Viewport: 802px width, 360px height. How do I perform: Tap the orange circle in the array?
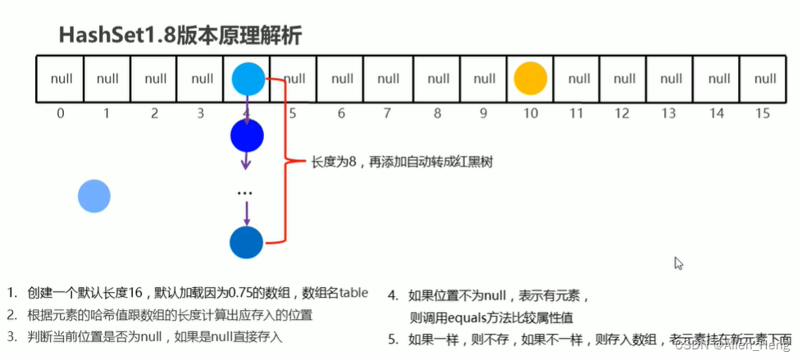tap(530, 79)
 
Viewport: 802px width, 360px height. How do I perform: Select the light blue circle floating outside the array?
tap(94, 196)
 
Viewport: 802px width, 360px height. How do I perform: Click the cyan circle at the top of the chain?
tap(248, 79)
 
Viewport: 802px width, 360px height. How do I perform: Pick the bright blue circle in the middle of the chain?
tap(247, 136)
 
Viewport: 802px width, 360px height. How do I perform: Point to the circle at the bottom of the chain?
tap(246, 243)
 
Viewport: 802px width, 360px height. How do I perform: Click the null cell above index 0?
tap(61, 80)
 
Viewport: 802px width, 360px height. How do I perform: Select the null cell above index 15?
tap(765, 80)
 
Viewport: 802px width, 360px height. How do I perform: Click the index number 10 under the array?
tap(531, 113)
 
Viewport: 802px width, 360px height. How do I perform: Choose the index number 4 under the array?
tap(247, 114)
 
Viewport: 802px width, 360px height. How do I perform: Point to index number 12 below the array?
tap(624, 113)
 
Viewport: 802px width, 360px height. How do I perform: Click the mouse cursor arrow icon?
tap(678, 263)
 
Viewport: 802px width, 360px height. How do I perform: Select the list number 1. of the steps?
tap(12, 293)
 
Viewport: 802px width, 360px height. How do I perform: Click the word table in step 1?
tap(353, 293)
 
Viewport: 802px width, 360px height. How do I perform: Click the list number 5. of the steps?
tap(393, 338)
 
